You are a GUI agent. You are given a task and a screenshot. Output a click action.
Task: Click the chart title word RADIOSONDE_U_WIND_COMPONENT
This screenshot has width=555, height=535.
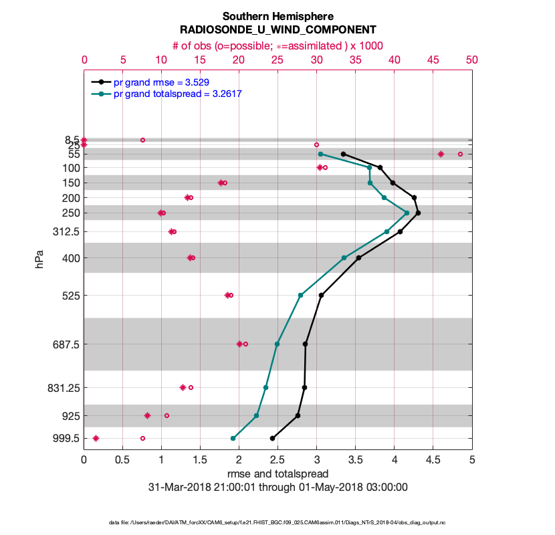click(x=277, y=30)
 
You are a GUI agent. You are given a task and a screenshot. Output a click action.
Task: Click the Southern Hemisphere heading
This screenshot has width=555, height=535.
click(x=277, y=16)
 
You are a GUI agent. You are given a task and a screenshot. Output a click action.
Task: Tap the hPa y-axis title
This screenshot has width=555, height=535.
click(x=39, y=259)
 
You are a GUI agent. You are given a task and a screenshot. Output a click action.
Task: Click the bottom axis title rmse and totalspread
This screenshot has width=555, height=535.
click(x=277, y=473)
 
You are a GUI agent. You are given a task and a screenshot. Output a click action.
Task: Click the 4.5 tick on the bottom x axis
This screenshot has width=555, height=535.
click(x=433, y=460)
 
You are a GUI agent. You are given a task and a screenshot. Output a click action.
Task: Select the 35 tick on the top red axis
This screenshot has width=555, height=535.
click(x=355, y=60)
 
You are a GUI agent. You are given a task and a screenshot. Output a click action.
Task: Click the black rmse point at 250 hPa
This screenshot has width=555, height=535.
click(x=418, y=213)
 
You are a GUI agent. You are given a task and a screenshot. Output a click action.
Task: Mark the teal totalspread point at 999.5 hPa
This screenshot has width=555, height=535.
click(x=233, y=439)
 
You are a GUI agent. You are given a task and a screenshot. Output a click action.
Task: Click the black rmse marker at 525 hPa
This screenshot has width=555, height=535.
click(x=321, y=296)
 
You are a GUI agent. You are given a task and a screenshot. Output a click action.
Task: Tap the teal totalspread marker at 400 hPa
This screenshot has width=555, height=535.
click(x=344, y=258)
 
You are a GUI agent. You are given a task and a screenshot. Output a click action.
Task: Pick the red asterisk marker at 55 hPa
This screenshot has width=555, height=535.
click(x=441, y=154)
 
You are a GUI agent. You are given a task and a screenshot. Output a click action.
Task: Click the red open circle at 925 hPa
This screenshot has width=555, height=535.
click(x=166, y=416)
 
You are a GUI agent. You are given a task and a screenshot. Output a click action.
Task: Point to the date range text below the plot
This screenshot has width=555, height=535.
click(x=277, y=487)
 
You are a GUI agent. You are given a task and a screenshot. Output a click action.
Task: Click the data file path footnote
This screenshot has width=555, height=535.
click(x=277, y=522)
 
